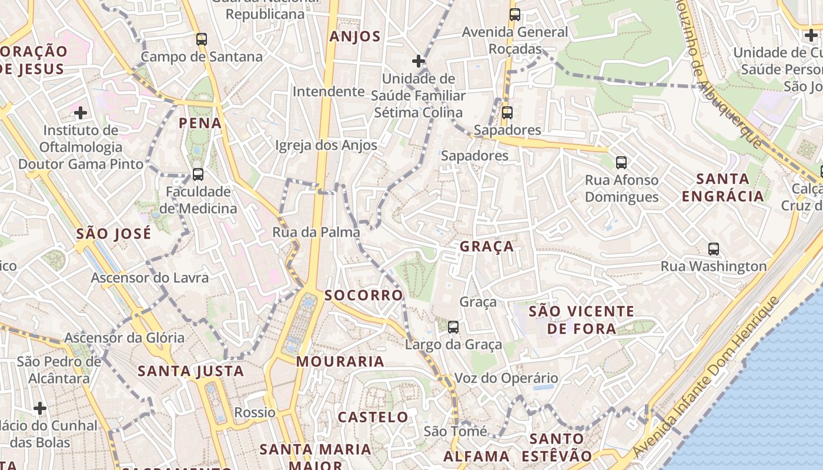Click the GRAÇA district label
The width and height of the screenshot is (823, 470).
tap(487, 246)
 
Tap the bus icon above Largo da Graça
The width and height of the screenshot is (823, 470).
tap(453, 327)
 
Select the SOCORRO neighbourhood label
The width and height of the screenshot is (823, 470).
tap(364, 295)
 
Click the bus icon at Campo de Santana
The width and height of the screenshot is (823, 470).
tap(202, 39)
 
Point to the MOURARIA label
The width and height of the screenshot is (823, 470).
tap(340, 361)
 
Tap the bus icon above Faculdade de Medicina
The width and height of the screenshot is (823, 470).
tap(198, 174)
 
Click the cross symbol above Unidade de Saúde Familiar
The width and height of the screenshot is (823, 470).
tap(418, 61)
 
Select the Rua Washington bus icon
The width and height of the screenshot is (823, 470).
tap(714, 249)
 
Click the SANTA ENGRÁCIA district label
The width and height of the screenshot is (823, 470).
tap(723, 187)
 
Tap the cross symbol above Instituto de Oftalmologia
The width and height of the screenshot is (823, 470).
tap(81, 112)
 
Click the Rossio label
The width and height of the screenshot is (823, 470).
tap(255, 412)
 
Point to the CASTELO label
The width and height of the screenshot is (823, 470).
tap(373, 417)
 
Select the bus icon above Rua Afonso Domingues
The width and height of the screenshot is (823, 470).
tap(621, 163)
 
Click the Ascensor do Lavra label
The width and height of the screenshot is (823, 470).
tap(150, 277)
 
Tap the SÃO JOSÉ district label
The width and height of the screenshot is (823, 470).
tap(113, 233)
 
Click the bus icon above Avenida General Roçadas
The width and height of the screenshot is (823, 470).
tap(515, 15)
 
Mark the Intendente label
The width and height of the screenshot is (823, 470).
tap(329, 91)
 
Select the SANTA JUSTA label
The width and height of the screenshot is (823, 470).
tap(190, 371)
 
